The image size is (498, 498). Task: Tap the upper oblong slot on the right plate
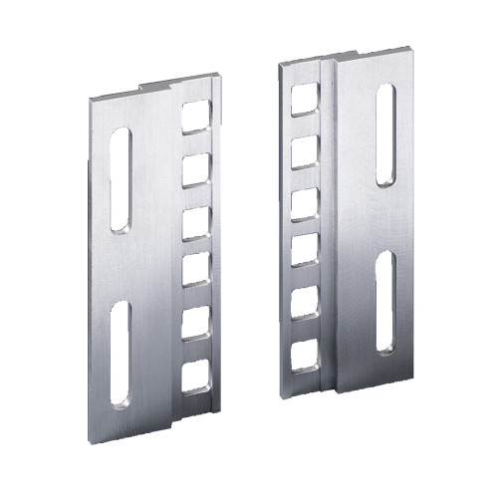[x=386, y=134]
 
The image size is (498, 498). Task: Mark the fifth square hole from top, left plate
[x=195, y=322]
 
